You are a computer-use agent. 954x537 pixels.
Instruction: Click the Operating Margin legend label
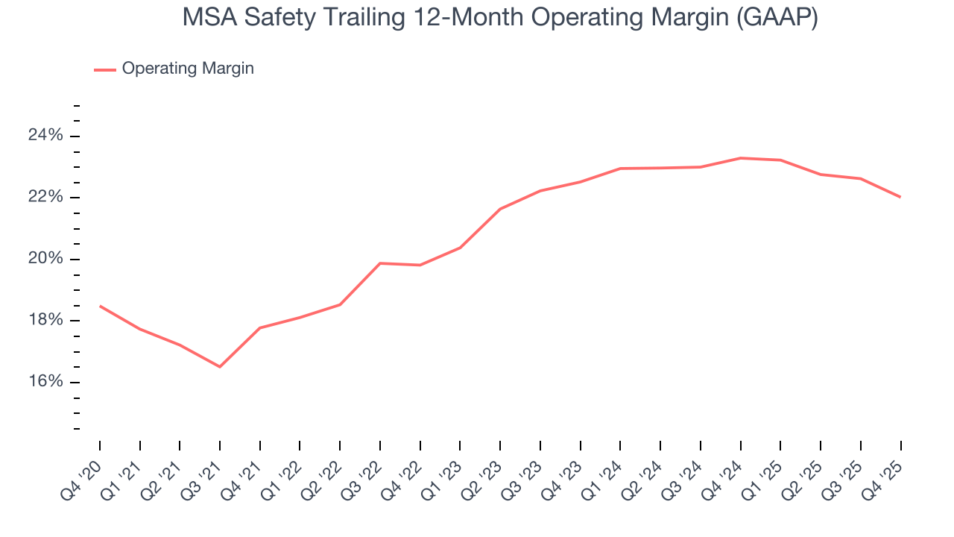(188, 69)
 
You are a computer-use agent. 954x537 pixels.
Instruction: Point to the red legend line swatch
(104, 69)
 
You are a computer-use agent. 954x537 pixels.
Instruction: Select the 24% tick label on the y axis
(46, 136)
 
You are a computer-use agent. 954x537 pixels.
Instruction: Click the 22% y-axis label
(46, 198)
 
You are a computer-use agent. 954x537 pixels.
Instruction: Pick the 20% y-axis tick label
(46, 260)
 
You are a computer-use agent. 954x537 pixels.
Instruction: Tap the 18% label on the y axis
(46, 321)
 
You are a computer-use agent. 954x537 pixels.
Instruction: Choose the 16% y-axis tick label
(46, 383)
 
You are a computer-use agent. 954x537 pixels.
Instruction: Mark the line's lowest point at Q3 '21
(220, 367)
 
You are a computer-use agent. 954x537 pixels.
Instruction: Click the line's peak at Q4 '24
(741, 158)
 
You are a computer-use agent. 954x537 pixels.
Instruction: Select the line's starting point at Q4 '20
(100, 306)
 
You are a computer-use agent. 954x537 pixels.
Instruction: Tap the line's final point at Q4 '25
(900, 197)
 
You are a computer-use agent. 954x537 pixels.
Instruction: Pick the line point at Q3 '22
(380, 263)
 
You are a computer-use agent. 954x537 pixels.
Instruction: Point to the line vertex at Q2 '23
(500, 209)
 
